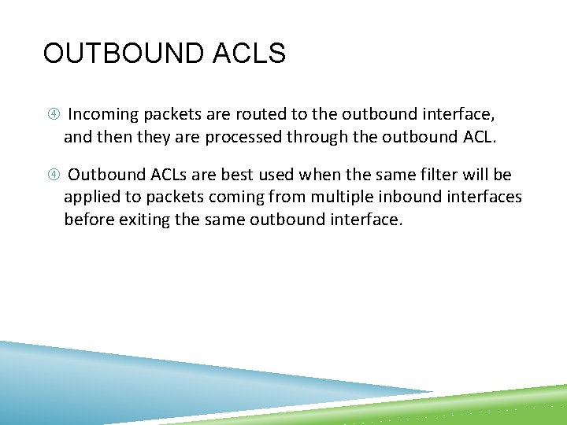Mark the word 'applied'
coord(92,197)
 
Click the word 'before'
coord(89,220)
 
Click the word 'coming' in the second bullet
coord(225,197)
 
